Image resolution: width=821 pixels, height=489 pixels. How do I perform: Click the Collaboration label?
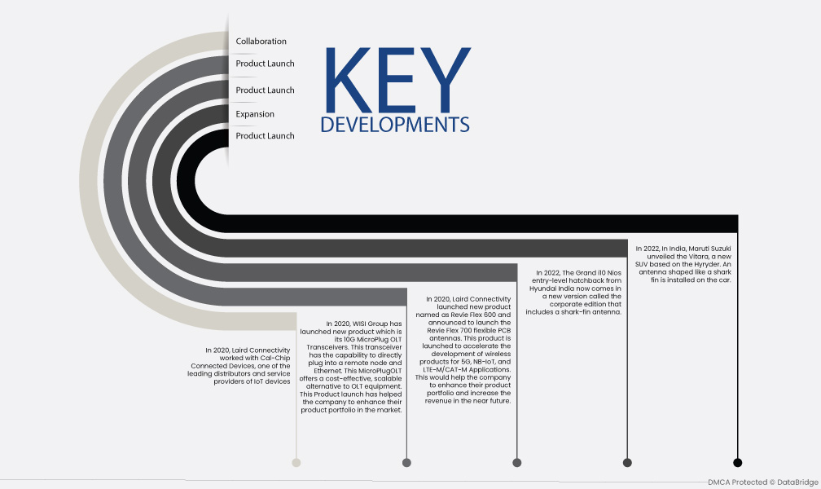(261, 42)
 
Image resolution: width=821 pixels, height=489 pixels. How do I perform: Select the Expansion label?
(255, 114)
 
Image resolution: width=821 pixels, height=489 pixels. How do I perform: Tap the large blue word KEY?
(398, 80)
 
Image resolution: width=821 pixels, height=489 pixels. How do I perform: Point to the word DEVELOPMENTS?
(395, 124)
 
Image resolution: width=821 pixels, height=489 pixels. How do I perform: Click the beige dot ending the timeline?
(296, 462)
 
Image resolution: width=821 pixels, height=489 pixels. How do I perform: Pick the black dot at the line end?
(738, 462)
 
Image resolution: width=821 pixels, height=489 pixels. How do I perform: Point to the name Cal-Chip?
(275, 358)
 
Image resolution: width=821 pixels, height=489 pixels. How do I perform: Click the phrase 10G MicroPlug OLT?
(372, 340)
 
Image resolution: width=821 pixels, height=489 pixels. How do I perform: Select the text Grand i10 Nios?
(598, 272)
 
